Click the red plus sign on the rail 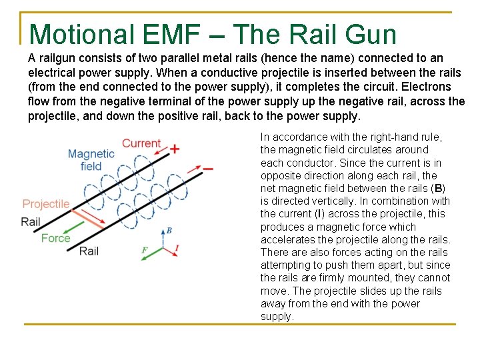tap(175, 148)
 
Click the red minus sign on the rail tap(208, 169)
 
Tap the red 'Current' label tap(141, 143)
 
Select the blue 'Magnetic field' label tap(91, 160)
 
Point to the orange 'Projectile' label tap(46, 204)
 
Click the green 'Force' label tap(55, 238)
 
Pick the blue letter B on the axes tap(169, 231)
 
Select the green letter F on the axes tap(144, 251)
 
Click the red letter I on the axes tap(176, 249)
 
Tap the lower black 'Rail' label tap(89, 251)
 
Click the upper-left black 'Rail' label tap(31, 221)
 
